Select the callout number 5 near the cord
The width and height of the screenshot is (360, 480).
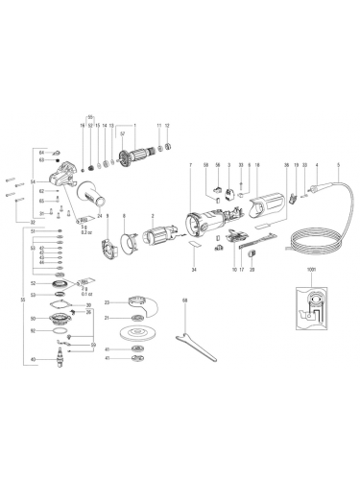[x=340, y=166]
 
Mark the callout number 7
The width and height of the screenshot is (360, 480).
[x=191, y=166]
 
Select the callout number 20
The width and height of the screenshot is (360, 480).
[x=251, y=272]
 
